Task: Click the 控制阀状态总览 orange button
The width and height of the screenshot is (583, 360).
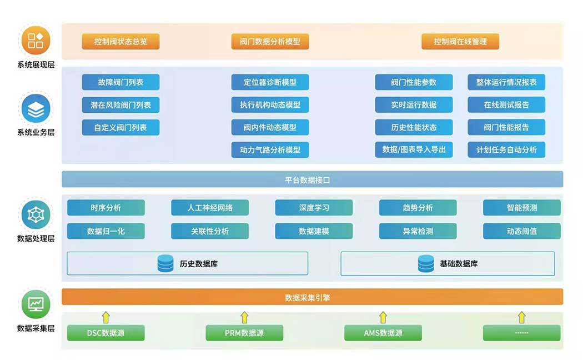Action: point(120,42)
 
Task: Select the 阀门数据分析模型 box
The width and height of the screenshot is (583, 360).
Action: point(270,42)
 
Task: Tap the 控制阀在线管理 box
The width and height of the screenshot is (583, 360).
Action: point(460,42)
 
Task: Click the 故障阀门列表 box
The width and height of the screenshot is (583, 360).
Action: point(120,82)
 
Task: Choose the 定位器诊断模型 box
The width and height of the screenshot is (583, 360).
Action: point(270,82)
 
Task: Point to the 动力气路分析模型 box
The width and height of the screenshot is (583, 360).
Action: point(270,149)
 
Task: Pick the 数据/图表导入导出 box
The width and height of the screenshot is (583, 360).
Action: point(414,149)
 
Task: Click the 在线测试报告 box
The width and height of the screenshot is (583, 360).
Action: point(506,104)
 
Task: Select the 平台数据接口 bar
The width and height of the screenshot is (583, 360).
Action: point(312,179)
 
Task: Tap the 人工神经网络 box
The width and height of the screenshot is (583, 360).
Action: point(210,208)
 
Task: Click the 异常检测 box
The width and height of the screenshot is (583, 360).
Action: point(418,231)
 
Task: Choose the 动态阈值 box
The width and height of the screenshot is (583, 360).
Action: point(521,231)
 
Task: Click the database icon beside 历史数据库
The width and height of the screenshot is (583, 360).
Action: point(165,263)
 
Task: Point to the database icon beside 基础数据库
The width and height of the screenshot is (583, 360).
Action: point(426,263)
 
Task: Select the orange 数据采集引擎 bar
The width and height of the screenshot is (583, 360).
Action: point(312,297)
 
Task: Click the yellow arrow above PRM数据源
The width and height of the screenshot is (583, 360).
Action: point(244,317)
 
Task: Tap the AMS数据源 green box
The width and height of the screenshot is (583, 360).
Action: point(383,333)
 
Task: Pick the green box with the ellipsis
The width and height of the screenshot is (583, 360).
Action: point(521,333)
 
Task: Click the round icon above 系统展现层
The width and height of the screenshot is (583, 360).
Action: point(36,41)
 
